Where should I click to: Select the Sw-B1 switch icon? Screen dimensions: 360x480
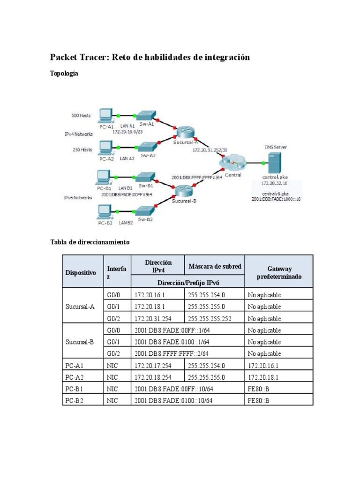142,177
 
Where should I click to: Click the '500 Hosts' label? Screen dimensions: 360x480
81,115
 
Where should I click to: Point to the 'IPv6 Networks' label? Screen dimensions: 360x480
78,198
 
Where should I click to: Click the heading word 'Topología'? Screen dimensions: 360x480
64,73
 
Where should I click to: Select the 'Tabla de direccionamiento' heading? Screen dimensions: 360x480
90,242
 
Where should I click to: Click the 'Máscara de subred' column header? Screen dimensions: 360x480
215,266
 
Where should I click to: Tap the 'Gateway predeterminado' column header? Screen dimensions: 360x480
279,272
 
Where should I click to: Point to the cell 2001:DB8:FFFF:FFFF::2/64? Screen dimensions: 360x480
171,354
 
